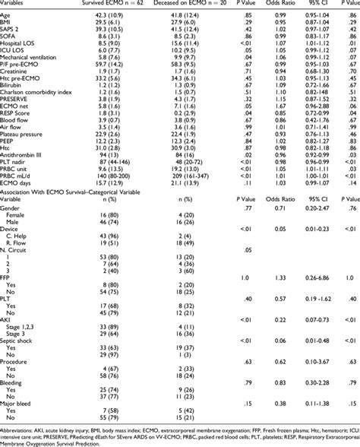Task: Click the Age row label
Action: (x=7, y=16)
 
